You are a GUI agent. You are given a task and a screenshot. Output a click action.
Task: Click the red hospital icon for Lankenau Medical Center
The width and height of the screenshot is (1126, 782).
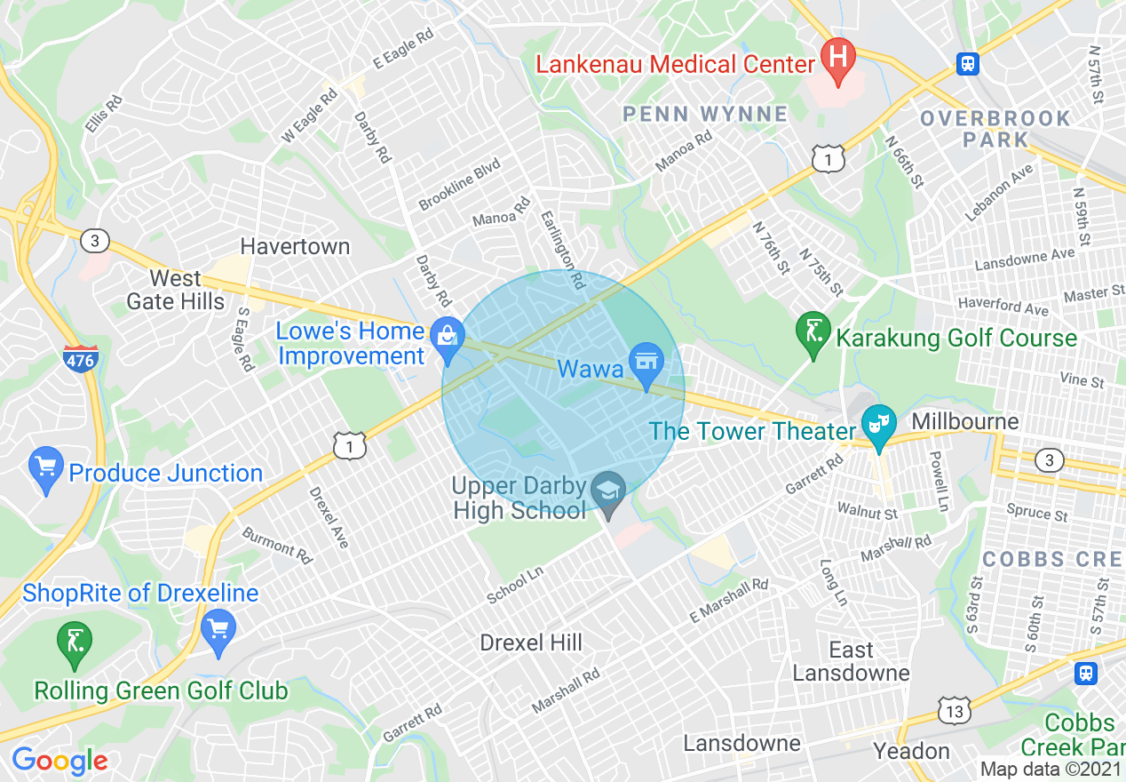click(x=837, y=60)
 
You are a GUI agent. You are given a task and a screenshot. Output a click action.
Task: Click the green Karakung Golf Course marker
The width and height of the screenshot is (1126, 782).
click(x=813, y=331)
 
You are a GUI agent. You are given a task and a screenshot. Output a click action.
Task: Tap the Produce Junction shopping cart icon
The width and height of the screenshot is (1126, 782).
click(x=44, y=468)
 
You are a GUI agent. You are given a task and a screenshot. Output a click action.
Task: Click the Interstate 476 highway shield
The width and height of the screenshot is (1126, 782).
click(x=80, y=359)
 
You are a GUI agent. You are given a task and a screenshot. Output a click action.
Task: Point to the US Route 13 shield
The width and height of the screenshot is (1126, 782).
click(x=954, y=711)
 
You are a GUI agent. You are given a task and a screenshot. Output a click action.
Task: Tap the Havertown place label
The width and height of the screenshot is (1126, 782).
click(x=296, y=246)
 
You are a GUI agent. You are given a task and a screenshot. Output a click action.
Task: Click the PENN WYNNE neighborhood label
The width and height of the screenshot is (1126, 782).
click(x=705, y=114)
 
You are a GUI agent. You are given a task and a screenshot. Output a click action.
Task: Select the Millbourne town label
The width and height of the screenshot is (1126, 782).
click(x=965, y=420)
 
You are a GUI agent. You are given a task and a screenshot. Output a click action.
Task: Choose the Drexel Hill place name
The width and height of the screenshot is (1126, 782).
click(x=531, y=642)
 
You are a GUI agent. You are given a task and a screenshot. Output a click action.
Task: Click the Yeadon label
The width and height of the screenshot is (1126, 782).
click(x=911, y=752)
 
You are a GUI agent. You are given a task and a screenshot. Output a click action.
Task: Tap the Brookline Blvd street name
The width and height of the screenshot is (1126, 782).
click(x=460, y=185)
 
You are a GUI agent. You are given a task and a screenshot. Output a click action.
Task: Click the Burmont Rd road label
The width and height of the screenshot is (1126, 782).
click(x=277, y=545)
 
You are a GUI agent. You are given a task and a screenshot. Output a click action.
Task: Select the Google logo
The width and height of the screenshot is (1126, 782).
click(x=59, y=761)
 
